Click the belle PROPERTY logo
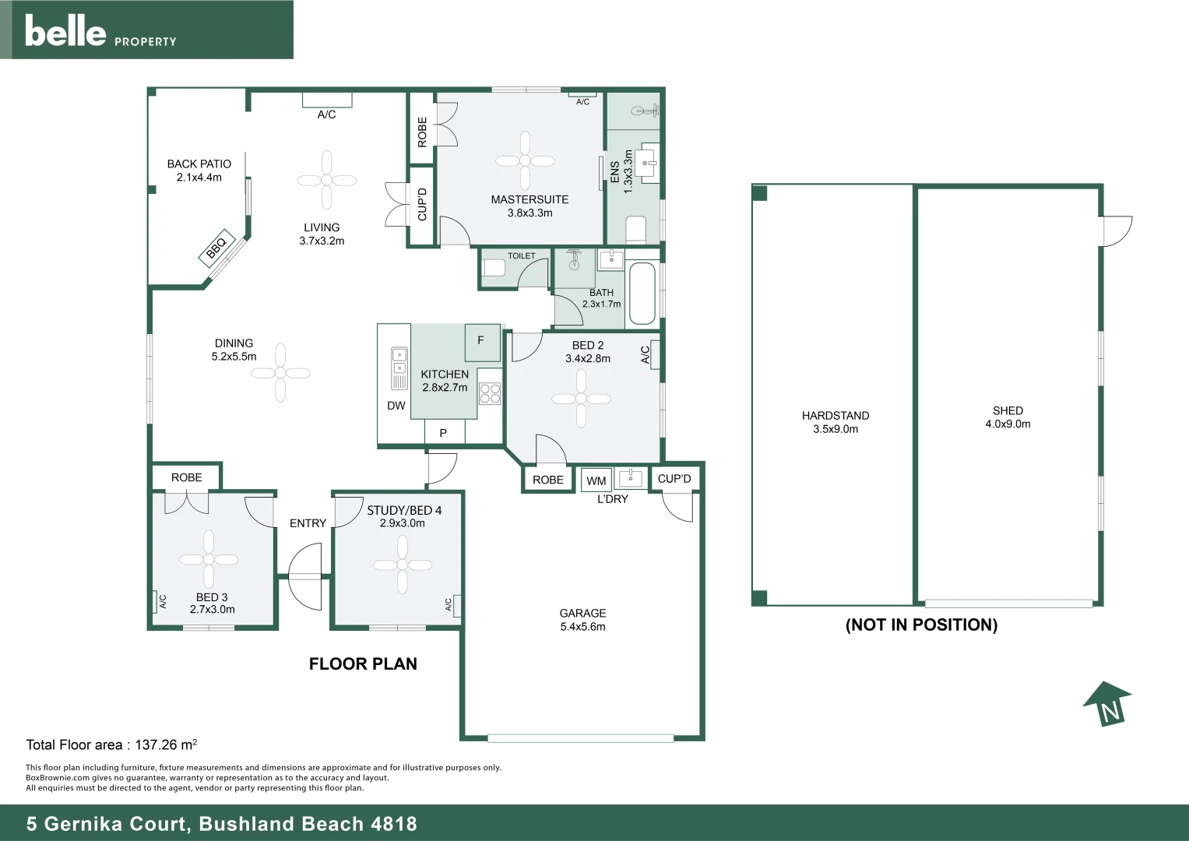(x=100, y=31)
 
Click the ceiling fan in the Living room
(x=326, y=180)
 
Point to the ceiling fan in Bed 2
(x=581, y=399)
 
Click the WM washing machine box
(x=596, y=480)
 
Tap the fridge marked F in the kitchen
(x=482, y=342)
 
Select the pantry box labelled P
(x=444, y=432)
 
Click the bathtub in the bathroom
(x=642, y=294)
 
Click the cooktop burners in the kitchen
(x=490, y=394)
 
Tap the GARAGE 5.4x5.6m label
(x=582, y=620)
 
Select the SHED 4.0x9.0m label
(x=1008, y=417)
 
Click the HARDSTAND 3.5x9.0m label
(x=835, y=422)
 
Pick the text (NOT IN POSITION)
(x=921, y=625)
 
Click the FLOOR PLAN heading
(x=363, y=664)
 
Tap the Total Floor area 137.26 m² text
(x=111, y=744)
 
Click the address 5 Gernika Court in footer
(x=222, y=824)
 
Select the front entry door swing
(x=305, y=576)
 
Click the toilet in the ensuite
(x=636, y=229)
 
